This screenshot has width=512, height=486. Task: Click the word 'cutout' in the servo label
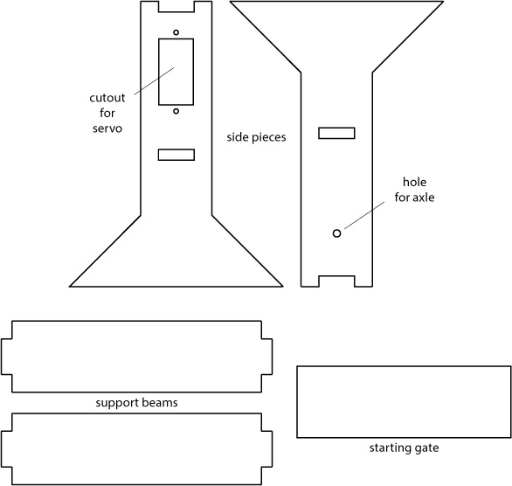(107, 98)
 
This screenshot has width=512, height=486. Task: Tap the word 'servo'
(107, 128)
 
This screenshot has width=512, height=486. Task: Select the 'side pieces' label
(256, 137)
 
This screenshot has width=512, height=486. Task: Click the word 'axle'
(424, 198)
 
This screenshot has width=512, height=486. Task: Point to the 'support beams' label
(136, 403)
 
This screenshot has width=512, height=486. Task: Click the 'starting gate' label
(404, 448)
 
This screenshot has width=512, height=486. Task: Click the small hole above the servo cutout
(176, 32)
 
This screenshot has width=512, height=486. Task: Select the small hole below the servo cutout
(176, 111)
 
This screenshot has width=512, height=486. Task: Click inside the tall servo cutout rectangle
(176, 72)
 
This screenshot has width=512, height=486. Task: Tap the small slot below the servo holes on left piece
(176, 155)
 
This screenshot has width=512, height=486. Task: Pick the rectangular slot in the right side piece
(336, 133)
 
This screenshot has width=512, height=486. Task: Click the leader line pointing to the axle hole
(364, 215)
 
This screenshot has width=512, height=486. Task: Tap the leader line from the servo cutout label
(154, 81)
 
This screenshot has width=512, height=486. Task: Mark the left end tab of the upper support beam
(6, 357)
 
